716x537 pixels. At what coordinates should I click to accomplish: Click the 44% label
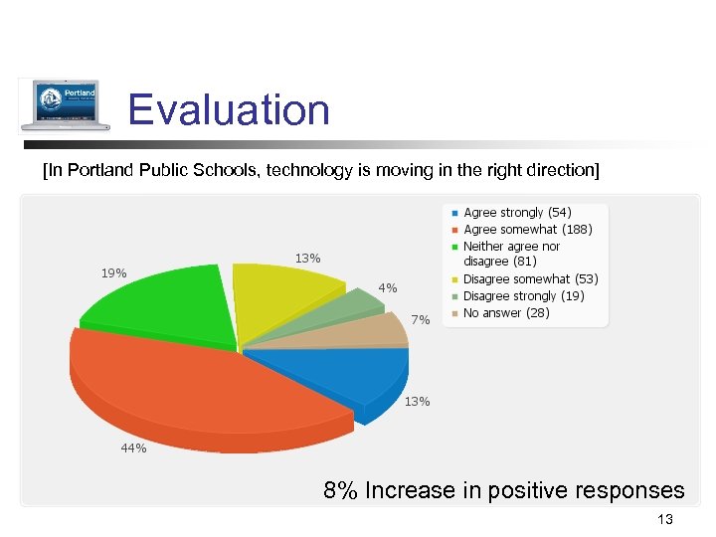(133, 448)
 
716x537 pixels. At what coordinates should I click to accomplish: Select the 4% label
(388, 288)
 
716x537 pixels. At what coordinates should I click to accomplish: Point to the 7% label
(421, 320)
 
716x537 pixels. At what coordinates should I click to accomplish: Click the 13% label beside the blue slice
(417, 402)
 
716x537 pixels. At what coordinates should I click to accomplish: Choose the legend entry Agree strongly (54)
(517, 213)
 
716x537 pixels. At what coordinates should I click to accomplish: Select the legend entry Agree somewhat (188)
(527, 229)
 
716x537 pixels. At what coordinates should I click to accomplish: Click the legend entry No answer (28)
(506, 313)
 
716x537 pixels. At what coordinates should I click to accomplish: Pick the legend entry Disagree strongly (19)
(523, 296)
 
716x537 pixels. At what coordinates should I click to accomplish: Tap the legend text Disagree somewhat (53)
(530, 279)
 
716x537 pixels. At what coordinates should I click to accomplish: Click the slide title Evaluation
(229, 109)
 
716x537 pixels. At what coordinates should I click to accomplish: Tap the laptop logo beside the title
(66, 104)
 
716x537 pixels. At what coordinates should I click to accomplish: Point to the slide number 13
(665, 519)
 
